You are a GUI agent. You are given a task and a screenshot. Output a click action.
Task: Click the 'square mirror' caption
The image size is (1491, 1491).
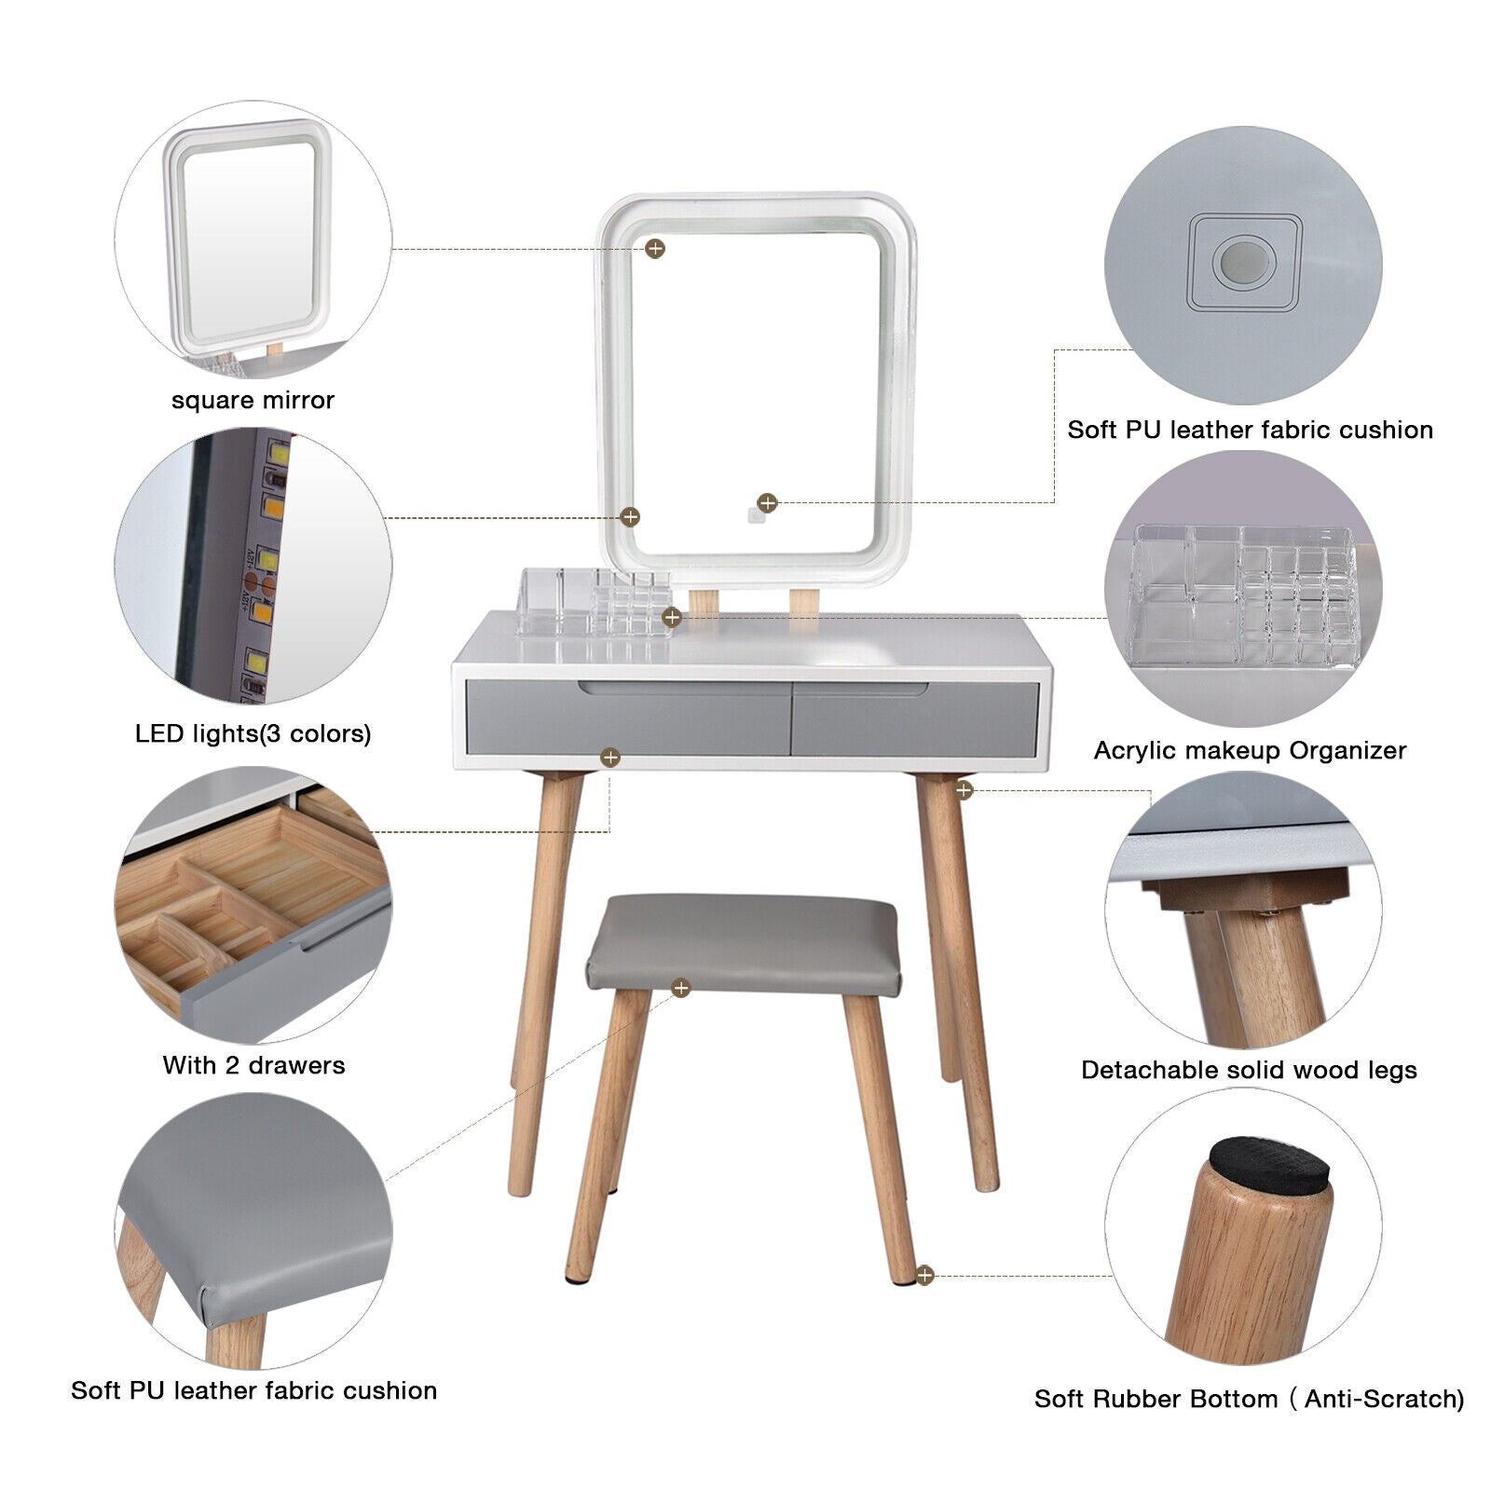click(253, 401)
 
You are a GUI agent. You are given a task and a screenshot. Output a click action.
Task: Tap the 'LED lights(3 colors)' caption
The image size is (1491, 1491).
click(253, 733)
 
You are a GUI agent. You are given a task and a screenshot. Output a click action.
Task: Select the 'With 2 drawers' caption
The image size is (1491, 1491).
click(253, 1065)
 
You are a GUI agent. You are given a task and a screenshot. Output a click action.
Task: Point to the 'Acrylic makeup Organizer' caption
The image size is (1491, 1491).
click(1250, 751)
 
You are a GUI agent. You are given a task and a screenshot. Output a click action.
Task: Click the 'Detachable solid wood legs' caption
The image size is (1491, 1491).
click(1249, 1071)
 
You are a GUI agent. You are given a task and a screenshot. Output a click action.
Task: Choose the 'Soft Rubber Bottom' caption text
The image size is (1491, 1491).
click(1156, 1399)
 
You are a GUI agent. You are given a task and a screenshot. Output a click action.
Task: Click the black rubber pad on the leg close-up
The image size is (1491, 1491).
click(1270, 1167)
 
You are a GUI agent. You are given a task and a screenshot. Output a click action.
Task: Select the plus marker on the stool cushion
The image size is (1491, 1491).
click(681, 988)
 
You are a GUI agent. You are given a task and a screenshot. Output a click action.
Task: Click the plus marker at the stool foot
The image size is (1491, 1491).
click(924, 1275)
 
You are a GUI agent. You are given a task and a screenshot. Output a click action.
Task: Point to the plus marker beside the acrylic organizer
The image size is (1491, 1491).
click(672, 617)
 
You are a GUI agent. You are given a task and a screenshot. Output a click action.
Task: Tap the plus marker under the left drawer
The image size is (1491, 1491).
click(610, 758)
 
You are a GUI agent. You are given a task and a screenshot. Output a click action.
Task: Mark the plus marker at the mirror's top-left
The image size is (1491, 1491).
click(655, 248)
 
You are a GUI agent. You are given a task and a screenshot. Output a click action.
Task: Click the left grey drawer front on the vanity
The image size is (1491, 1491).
click(627, 717)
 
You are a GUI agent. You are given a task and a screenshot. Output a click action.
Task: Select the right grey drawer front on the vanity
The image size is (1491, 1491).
click(915, 718)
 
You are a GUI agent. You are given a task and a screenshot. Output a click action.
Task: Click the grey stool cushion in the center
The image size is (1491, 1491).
click(744, 942)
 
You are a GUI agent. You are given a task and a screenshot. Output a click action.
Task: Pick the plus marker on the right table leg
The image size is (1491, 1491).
click(964, 790)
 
